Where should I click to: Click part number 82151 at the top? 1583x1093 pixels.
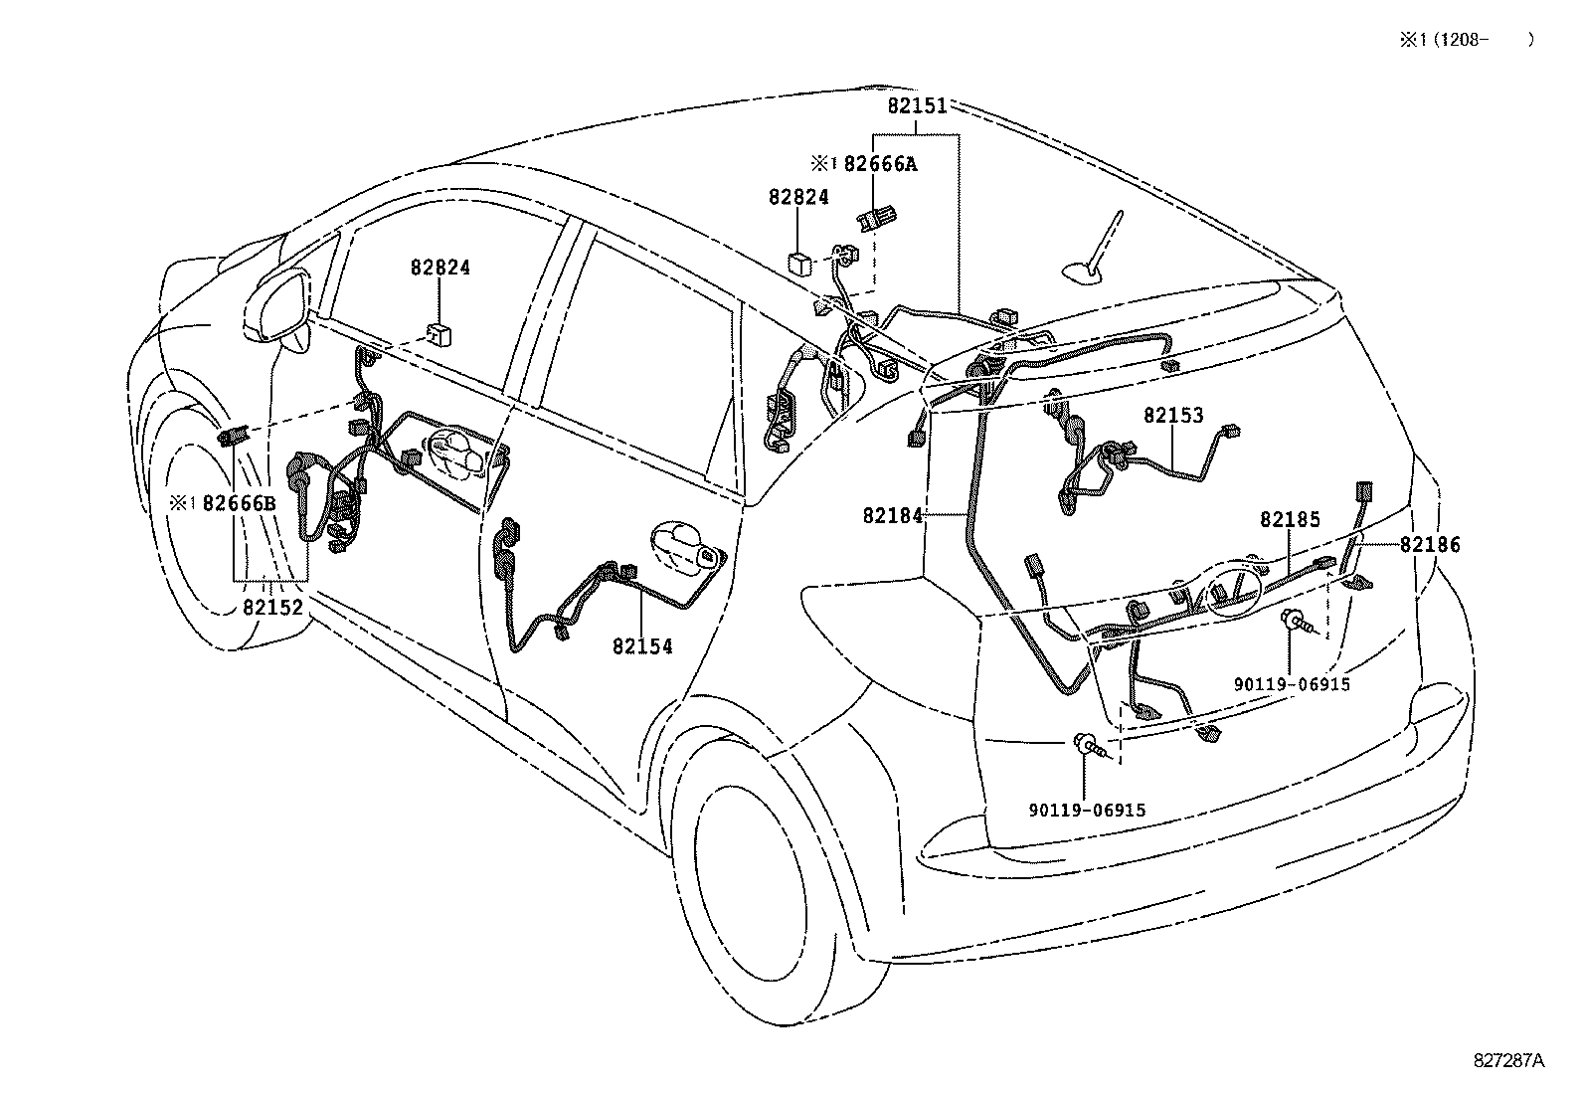coord(916,105)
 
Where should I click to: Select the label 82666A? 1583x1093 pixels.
coord(879,164)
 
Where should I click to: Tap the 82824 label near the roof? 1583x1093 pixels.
coord(797,197)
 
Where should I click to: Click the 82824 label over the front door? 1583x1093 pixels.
coord(440,268)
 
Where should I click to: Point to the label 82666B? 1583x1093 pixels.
coord(239,503)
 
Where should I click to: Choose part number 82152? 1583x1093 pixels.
coord(272,606)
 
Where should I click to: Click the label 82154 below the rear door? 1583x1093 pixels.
coord(642,646)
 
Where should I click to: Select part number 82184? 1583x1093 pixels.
coord(893,515)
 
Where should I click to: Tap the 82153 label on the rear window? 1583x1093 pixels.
coord(1172,416)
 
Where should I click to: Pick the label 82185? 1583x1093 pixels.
coord(1290,519)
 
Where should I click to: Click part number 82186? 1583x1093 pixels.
coord(1430,544)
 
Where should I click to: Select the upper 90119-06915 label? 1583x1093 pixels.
coord(1292,684)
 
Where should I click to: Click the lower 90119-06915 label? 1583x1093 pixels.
coord(1087,811)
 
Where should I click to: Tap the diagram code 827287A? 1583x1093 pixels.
coord(1508,1060)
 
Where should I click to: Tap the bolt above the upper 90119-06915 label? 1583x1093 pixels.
coord(1298,622)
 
